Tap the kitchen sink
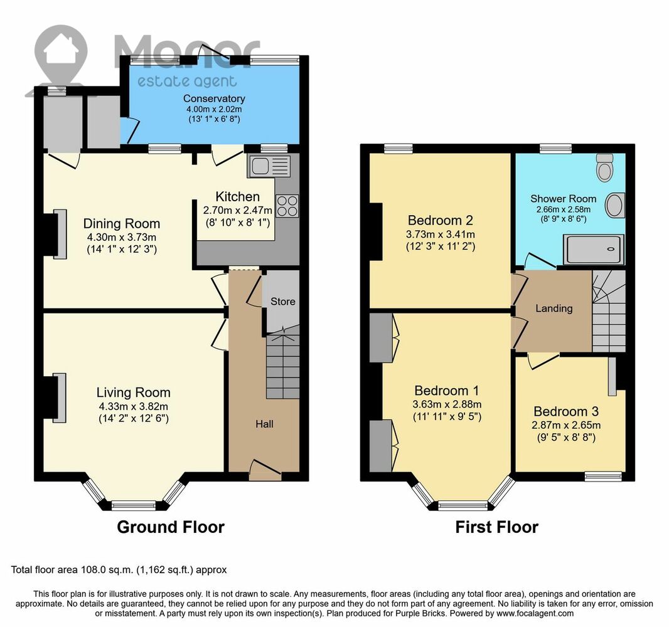[269, 166]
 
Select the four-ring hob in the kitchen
[287, 206]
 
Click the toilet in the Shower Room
[604, 167]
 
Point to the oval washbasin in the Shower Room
[615, 205]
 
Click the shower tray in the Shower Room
[594, 249]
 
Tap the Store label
[283, 302]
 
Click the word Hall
[265, 424]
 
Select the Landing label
[554, 308]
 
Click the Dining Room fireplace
[55, 234]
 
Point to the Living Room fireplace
[55, 398]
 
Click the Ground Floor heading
[171, 527]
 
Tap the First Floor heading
[496, 527]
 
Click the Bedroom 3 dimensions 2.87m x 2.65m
[565, 425]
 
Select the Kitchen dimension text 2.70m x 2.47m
[238, 210]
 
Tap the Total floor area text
[119, 570]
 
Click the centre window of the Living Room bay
[134, 506]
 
